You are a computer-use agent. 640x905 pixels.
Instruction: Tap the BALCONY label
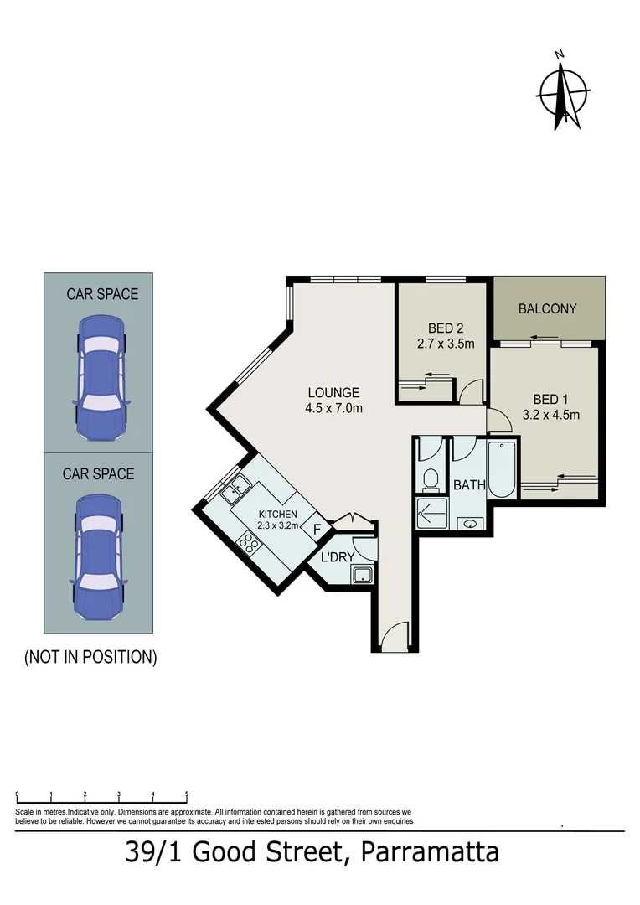(x=547, y=308)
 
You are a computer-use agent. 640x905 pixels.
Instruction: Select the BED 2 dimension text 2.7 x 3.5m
(x=446, y=344)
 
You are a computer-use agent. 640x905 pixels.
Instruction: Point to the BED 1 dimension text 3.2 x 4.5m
(x=550, y=414)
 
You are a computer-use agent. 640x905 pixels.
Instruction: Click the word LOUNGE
(x=333, y=392)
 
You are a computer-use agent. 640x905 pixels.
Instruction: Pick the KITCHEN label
(x=277, y=514)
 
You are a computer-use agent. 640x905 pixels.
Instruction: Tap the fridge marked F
(x=317, y=530)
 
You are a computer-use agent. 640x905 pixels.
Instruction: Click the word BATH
(x=469, y=484)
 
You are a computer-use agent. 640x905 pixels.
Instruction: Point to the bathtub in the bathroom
(x=504, y=469)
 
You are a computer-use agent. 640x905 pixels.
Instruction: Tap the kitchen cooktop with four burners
(x=249, y=543)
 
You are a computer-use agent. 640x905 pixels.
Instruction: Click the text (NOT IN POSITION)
(x=90, y=657)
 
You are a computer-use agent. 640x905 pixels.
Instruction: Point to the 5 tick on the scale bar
(x=186, y=794)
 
